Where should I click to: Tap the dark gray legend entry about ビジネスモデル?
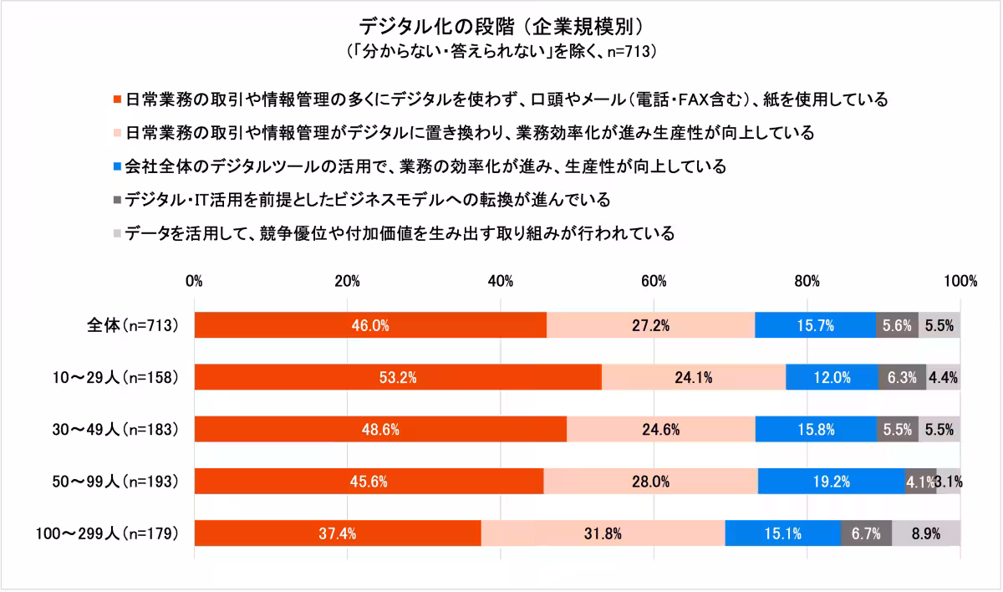368,200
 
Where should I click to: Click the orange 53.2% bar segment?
398,377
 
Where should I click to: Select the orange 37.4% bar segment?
337,533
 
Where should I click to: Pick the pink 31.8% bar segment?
603,533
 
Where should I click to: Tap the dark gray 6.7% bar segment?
866,533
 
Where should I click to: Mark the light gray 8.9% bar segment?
926,533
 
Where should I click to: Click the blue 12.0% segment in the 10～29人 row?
832,377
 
